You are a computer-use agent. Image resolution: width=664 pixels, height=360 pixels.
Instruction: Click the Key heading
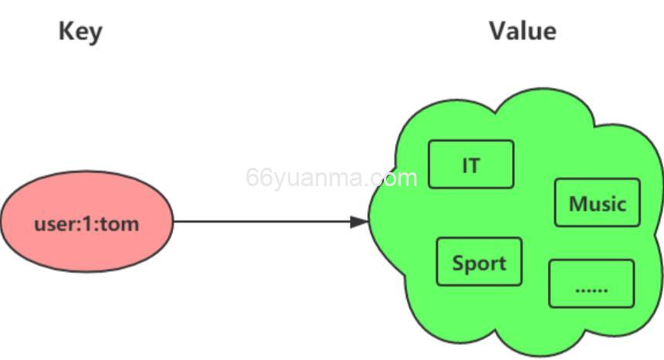click(x=80, y=32)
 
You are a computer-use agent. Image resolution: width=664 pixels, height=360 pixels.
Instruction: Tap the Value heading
click(x=523, y=30)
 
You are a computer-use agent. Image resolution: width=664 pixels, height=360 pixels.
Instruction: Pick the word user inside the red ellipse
click(x=52, y=225)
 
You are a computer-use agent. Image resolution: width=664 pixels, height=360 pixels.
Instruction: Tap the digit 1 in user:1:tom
click(x=86, y=225)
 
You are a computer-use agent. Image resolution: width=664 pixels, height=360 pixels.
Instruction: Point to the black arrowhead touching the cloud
click(x=360, y=222)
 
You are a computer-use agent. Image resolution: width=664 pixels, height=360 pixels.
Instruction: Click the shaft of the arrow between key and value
click(x=263, y=222)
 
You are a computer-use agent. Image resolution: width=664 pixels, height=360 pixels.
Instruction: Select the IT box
click(x=471, y=165)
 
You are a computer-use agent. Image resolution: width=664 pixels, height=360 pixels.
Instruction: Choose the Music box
click(x=597, y=203)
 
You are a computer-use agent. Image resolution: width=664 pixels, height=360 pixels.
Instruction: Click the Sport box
click(x=479, y=263)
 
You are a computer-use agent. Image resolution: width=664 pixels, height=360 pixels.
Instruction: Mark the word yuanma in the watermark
click(x=318, y=178)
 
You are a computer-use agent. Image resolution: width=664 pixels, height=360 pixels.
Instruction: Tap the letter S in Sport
click(x=457, y=263)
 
